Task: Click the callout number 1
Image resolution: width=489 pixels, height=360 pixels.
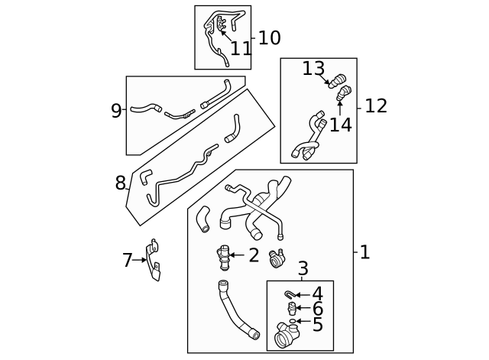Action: click(364, 252)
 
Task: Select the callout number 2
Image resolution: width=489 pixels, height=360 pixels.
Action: click(254, 255)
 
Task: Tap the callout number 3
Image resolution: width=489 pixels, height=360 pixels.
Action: click(303, 269)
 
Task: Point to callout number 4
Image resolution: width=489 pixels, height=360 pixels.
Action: click(317, 294)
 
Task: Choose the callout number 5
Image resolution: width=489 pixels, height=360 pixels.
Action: click(317, 325)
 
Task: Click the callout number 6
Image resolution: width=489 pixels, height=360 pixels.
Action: click(317, 309)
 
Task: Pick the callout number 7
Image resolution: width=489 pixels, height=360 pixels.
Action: click(127, 261)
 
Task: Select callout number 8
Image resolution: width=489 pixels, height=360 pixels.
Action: click(120, 183)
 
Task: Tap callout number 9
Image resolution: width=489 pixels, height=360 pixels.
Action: click(116, 111)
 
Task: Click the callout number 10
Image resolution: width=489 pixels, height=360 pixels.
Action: click(269, 38)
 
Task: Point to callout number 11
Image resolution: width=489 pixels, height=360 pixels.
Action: click(241, 49)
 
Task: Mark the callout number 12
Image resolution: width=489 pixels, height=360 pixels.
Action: click(376, 106)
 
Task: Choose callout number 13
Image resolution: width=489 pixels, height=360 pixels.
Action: click(313, 69)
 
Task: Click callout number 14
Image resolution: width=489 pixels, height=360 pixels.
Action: click(340, 125)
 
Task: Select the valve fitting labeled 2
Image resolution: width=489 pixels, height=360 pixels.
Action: click(223, 256)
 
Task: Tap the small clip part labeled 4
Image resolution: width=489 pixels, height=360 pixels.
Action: click(290, 294)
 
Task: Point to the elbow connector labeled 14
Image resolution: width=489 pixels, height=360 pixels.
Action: click(344, 94)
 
